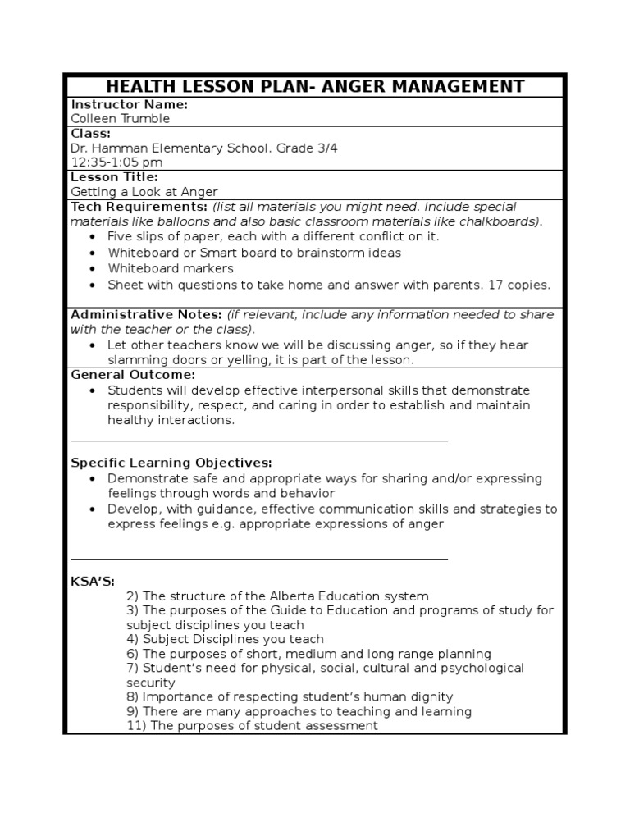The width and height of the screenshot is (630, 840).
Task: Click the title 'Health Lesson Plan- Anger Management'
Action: tap(314, 86)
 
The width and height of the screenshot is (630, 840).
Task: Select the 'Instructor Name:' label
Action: tap(130, 104)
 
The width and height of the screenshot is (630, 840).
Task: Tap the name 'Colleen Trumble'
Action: tap(121, 118)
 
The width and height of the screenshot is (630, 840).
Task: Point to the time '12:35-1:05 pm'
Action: tap(116, 162)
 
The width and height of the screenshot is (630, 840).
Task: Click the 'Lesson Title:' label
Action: tap(115, 177)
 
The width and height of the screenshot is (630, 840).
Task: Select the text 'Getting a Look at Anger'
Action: tap(144, 192)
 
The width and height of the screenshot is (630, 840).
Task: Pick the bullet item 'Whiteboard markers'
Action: tap(171, 268)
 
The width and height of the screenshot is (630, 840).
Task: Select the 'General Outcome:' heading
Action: tap(133, 374)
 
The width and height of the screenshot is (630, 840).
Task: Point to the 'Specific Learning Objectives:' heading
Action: tap(171, 463)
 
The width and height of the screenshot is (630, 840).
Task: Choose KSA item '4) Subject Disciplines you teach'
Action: tap(225, 639)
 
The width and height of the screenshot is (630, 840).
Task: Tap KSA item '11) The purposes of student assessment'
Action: tap(252, 726)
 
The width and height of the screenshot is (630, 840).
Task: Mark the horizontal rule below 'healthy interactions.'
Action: tap(259, 441)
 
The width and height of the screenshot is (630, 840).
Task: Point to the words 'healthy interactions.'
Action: tap(171, 420)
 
